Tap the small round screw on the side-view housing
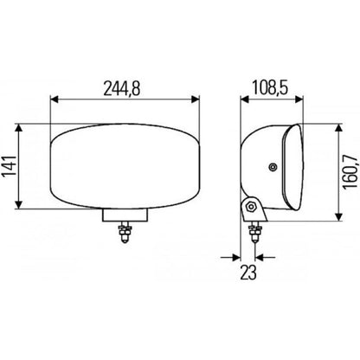273,165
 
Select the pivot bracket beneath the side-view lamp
252,209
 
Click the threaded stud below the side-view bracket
254,232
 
